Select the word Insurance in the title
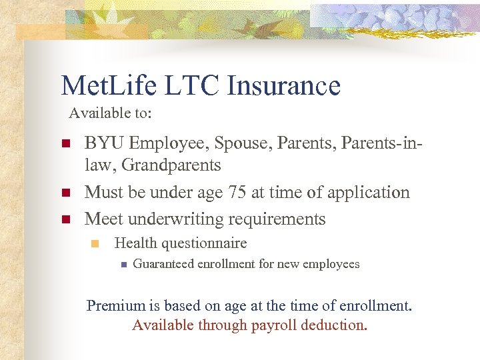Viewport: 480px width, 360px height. coord(283,86)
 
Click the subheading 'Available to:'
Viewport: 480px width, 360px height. coord(110,113)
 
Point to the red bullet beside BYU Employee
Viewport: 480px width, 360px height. coord(65,144)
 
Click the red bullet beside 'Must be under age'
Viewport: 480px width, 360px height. coord(65,193)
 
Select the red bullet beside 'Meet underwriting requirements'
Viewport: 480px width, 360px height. coord(65,219)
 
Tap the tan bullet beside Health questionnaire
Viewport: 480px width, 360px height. coord(95,244)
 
